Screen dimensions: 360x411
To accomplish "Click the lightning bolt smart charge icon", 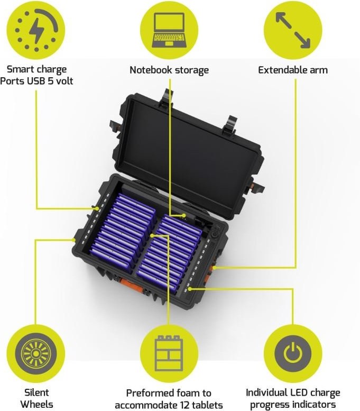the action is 36,30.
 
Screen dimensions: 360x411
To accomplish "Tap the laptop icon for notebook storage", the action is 169,30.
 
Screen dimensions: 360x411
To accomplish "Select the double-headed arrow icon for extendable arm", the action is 293,30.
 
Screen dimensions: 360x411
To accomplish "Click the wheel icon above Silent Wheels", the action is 36,354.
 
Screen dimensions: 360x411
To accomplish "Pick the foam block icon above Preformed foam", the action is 169,353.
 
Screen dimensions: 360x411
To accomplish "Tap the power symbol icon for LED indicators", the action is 293,353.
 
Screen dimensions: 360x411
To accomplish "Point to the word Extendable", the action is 282,70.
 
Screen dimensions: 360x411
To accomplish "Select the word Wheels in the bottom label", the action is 36,404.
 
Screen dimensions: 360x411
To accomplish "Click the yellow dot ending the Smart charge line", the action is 97,208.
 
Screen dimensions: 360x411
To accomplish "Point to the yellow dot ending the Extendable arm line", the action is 214,268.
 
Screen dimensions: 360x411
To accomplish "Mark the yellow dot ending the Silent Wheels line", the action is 74,240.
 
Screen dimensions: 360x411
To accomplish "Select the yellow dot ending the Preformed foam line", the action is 152,235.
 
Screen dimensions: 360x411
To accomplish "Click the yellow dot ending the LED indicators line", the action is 190,289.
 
